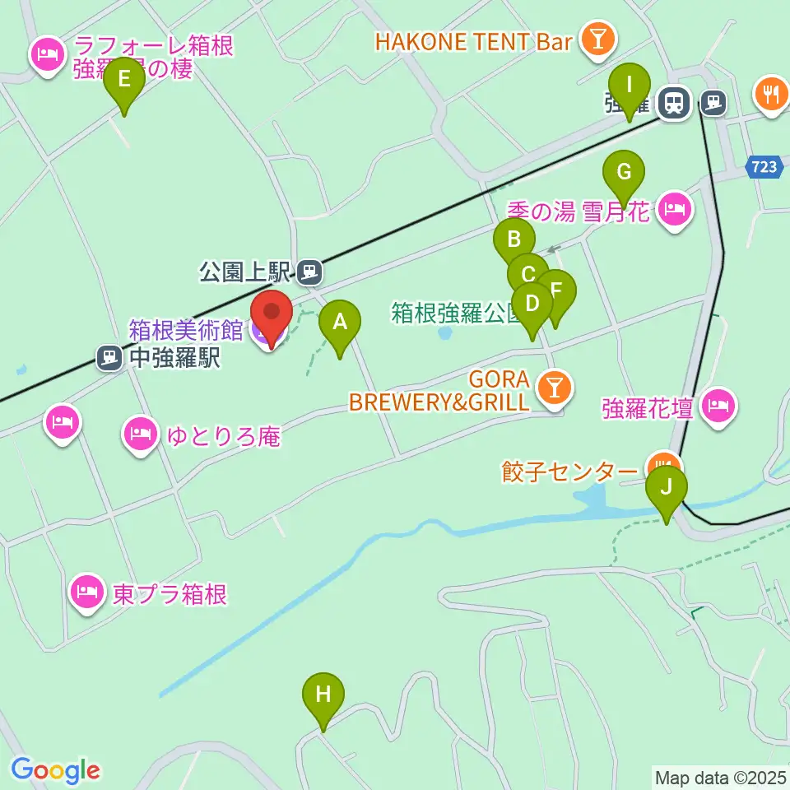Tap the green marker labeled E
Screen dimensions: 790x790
coord(124,81)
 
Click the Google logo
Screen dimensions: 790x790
coord(55,769)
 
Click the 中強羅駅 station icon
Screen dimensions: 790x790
coord(108,357)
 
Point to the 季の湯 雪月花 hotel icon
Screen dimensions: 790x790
coord(675,210)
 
